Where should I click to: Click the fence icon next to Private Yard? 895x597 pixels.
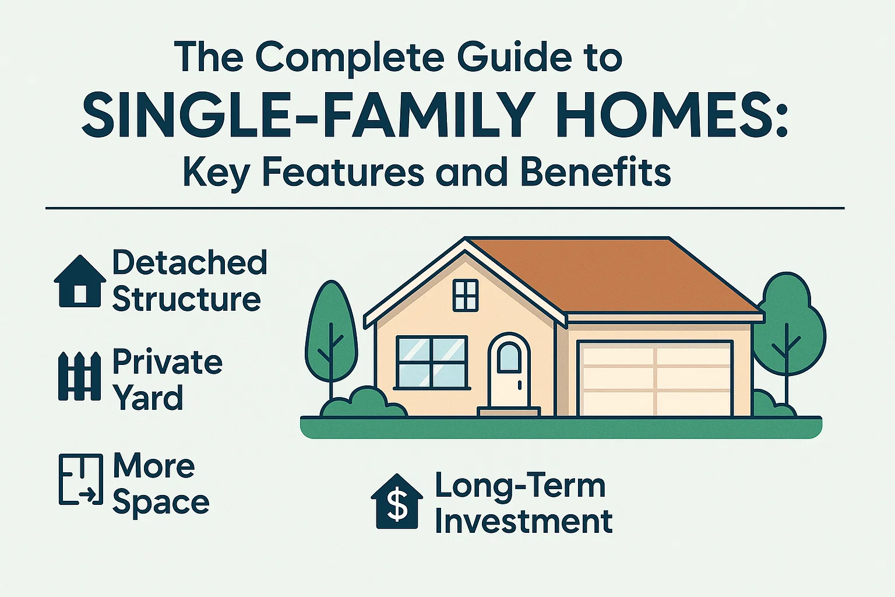click(x=79, y=376)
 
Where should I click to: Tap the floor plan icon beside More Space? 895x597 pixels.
click(x=80, y=479)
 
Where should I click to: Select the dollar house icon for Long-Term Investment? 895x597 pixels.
click(x=397, y=502)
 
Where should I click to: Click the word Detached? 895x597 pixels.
click(x=189, y=263)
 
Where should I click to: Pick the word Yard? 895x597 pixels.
click(x=147, y=398)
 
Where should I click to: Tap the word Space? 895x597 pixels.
click(x=160, y=502)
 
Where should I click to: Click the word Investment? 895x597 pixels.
click(x=523, y=521)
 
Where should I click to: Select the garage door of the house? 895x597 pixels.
click(x=656, y=378)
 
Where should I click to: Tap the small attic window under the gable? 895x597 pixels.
click(x=466, y=295)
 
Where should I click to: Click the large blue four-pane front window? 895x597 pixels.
click(x=432, y=361)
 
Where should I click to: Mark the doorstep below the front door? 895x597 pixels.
click(x=509, y=412)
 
